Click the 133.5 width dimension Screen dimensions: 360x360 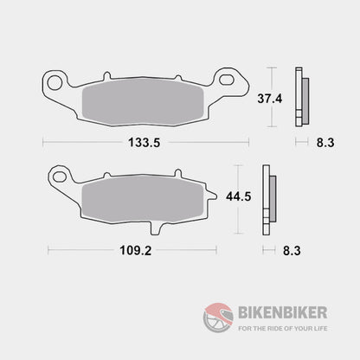(x=145, y=141)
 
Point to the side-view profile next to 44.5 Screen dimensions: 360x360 (x=271, y=197)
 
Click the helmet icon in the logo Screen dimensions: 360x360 (x=216, y=315)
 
